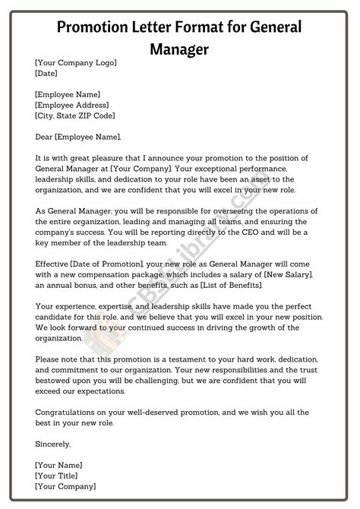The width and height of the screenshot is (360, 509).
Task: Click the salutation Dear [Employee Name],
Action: click(x=77, y=137)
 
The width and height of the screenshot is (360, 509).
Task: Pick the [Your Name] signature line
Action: click(x=58, y=463)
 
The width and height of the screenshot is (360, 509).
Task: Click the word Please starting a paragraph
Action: click(x=49, y=358)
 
